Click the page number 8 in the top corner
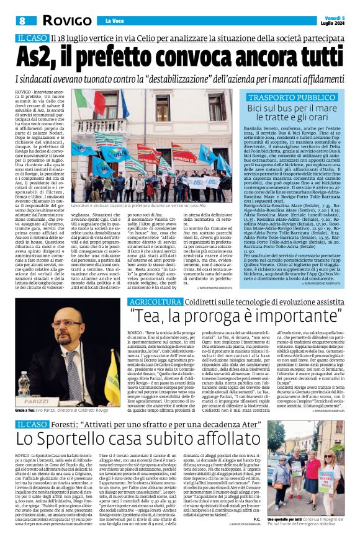coord(21,20)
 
